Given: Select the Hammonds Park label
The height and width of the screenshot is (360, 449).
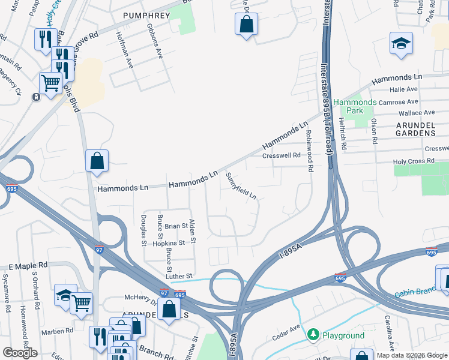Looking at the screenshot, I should pyautogui.click(x=355, y=106).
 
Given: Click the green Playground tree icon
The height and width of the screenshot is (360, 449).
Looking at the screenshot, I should pyautogui.click(x=313, y=335).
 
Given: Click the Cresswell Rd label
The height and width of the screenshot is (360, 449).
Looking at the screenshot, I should pyautogui.click(x=281, y=155).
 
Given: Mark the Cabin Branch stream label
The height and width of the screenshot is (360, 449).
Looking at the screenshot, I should pyautogui.click(x=421, y=291).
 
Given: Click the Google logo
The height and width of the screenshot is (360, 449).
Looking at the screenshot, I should pyautogui.click(x=20, y=353).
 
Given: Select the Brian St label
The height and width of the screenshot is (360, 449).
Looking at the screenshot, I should pyautogui.click(x=176, y=226).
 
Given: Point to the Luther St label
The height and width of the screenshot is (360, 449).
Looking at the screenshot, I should pyautogui.click(x=179, y=275).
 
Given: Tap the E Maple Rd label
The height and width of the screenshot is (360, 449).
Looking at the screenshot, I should pyautogui.click(x=28, y=265).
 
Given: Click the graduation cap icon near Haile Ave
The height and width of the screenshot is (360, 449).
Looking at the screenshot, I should pyautogui.click(x=401, y=44).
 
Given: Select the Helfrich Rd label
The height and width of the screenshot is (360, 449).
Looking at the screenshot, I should pyautogui.click(x=343, y=133).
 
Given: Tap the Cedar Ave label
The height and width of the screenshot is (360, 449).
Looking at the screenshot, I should pyautogui.click(x=288, y=329).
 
